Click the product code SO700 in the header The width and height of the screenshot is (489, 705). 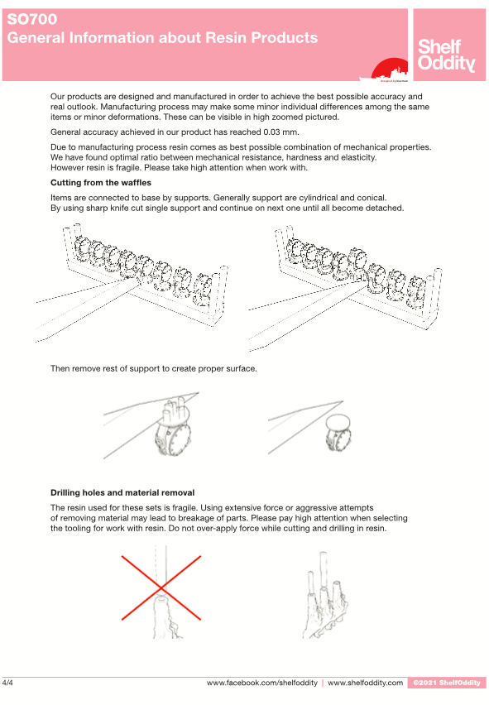coord(32,19)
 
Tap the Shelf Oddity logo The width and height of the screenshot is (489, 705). coord(446,55)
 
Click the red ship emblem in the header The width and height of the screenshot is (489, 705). coord(389,69)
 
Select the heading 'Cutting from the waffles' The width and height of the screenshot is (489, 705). coord(101,183)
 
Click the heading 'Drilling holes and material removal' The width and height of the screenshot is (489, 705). coord(122,492)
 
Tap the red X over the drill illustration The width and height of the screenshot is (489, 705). coord(161,587)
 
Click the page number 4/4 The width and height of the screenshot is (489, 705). coord(7,683)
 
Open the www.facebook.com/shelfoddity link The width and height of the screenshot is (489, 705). coord(262,683)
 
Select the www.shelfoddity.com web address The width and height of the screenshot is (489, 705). coord(366,683)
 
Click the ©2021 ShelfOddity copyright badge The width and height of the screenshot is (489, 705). coord(447,683)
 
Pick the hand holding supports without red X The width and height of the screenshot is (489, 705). coord(326,596)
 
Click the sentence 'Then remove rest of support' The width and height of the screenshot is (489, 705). coord(154,369)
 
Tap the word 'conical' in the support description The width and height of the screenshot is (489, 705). coord(372,198)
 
